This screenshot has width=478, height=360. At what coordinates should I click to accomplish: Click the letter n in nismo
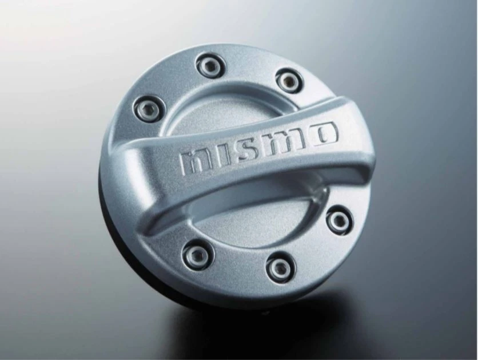194,162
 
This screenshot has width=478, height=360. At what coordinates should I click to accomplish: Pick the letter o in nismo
324,133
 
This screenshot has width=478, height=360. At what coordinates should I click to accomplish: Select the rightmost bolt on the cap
339,220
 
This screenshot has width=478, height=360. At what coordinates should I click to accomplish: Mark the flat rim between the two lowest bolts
240,269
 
